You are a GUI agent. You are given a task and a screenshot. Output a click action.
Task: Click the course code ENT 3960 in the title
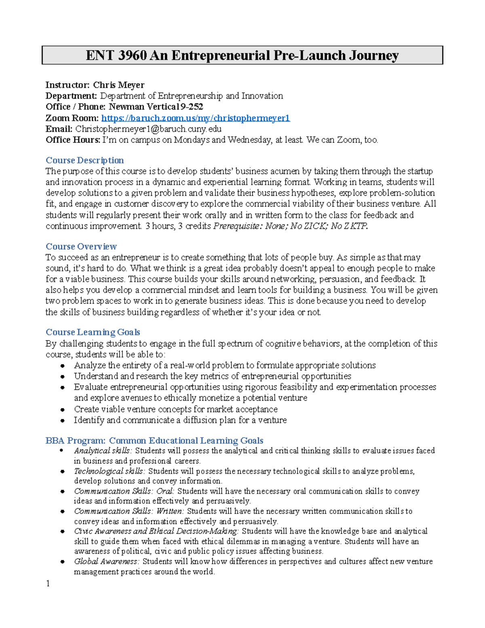tap(116, 55)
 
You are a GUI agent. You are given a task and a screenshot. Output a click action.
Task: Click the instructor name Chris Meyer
tap(118, 85)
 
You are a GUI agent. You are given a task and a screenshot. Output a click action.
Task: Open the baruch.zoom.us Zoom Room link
tap(195, 118)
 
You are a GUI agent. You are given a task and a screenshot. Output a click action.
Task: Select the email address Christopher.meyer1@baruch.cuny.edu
tap(148, 129)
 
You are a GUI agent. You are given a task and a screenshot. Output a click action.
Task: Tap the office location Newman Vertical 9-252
tap(156, 107)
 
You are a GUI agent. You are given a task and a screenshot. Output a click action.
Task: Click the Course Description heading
tap(84, 160)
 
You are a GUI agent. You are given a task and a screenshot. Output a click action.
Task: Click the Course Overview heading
tap(81, 246)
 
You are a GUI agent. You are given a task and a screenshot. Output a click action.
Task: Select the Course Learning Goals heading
tap(93, 332)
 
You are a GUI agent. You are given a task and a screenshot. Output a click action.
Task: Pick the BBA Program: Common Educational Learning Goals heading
tap(154, 440)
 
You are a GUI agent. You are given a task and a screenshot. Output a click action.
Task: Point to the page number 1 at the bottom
tap(48, 583)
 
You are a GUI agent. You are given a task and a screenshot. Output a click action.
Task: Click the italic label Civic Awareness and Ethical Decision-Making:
tap(156, 531)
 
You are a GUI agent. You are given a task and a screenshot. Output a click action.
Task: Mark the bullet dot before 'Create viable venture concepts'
tap(63, 410)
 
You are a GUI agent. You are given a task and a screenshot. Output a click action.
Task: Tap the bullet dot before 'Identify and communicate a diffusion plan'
tap(63, 421)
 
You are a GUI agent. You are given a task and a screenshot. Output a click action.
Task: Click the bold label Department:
tap(71, 96)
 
